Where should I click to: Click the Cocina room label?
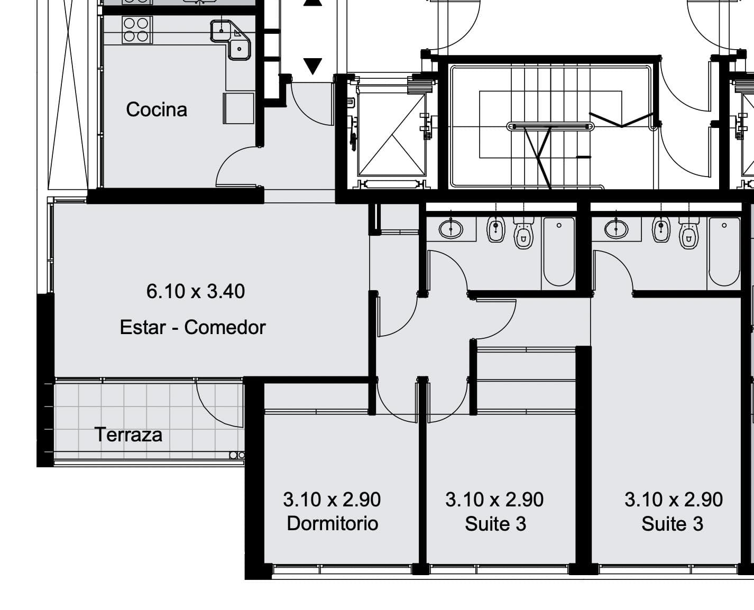coord(157,109)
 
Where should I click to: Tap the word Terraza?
coord(128,435)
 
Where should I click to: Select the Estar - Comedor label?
coord(192,327)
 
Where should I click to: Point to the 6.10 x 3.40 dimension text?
coord(196,291)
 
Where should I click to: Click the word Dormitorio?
coord(333,523)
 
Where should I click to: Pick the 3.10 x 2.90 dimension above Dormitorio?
coord(332,499)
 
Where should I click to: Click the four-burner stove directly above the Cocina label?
coord(137,30)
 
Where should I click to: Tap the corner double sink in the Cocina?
coord(231,40)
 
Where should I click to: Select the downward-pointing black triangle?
coord(313,66)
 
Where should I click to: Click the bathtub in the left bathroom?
coord(559,252)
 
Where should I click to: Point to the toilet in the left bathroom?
coord(523,233)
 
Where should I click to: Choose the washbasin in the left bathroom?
coord(450,229)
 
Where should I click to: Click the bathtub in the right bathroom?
coord(724,252)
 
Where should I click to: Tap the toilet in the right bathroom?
coord(688,233)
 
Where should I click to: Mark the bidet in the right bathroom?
coord(660,229)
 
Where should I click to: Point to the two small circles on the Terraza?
coord(237,455)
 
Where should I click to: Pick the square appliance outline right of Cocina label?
coord(238,108)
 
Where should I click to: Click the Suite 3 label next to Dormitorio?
coord(495,524)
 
